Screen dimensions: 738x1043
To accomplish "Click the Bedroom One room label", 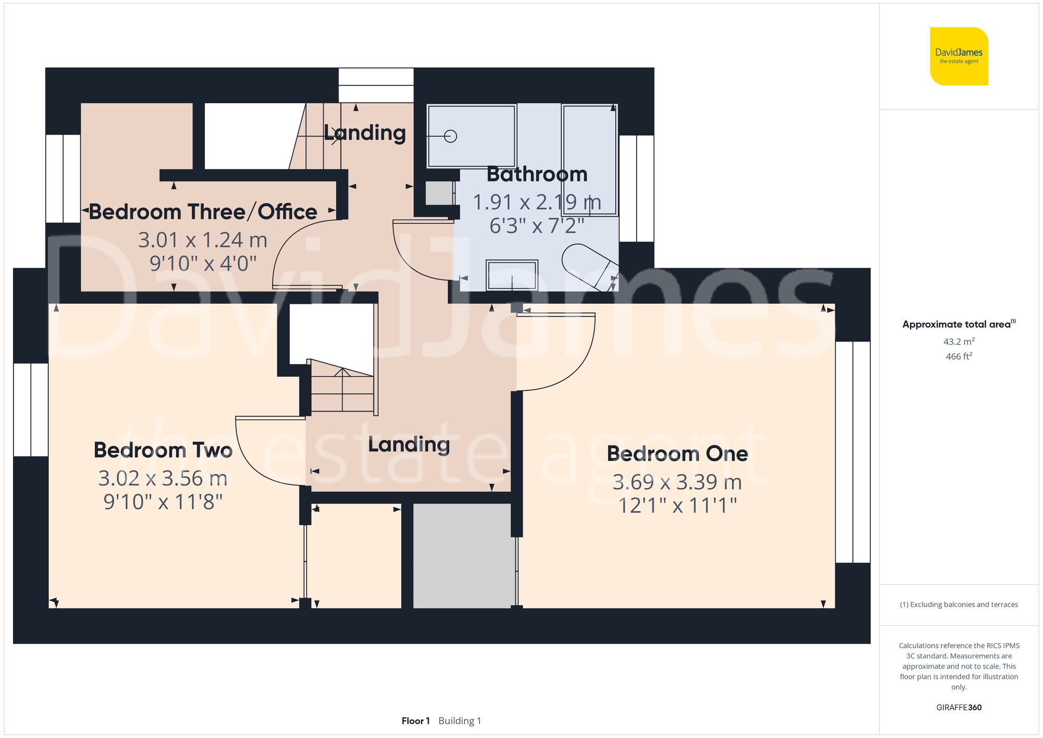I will coord(677,454).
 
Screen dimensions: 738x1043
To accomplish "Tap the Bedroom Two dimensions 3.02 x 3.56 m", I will coord(163,478).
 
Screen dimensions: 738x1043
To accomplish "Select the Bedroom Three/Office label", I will coord(203,212).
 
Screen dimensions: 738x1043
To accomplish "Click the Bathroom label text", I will coord(537,174).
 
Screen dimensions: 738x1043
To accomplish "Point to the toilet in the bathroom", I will coord(589,266).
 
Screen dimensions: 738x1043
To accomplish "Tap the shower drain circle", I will coord(451,136).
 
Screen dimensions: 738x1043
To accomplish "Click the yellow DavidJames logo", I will coord(959,56).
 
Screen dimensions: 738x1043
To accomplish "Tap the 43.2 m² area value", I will coord(959,342).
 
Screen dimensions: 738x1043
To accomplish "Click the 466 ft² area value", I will coord(959,356).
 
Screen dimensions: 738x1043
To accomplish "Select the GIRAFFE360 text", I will coord(959,707).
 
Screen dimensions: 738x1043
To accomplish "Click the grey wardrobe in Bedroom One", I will coord(462,555).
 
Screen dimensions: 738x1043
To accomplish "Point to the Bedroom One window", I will coord(853,452).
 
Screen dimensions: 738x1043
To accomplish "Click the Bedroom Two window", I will coord(31,409).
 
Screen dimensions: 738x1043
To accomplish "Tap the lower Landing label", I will coord(409,445).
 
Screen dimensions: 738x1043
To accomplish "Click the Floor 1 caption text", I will coord(416,721).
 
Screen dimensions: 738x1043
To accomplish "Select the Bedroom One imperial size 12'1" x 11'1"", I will coord(677,505).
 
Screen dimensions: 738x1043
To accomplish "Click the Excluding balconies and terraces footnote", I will coord(959,604).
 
